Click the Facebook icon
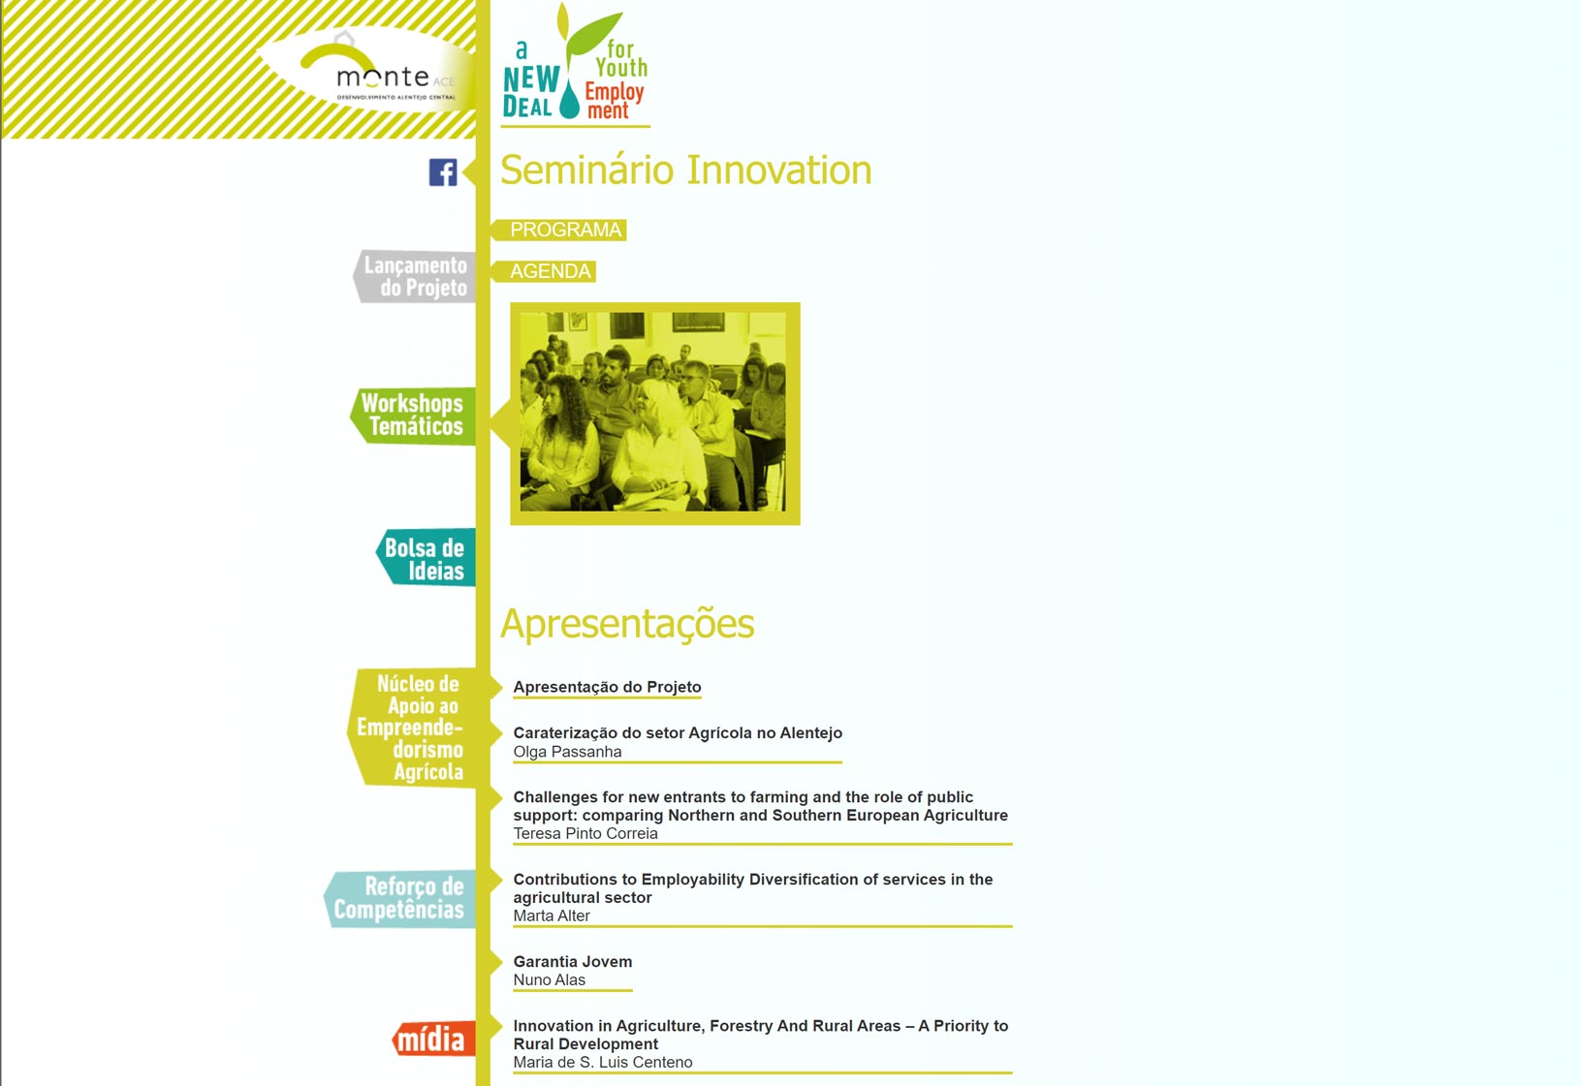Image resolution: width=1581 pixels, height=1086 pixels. point(443,172)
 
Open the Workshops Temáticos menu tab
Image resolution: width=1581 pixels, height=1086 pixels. point(413,416)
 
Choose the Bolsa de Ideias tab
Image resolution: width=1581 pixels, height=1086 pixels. point(426,558)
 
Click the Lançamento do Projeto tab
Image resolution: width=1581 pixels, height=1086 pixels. point(414,276)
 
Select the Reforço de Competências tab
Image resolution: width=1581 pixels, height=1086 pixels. point(400,898)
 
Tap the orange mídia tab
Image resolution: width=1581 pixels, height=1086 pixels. point(433,1039)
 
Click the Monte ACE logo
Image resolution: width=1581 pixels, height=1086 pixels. point(367,71)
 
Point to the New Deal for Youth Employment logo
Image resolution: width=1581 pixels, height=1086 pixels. point(575,65)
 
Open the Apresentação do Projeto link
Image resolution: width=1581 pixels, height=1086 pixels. point(607,687)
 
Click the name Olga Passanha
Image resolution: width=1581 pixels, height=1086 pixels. point(567,752)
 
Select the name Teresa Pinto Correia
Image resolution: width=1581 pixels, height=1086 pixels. point(585,833)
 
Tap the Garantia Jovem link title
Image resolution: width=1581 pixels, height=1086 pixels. point(573,962)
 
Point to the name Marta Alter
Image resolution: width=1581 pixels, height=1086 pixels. point(552,916)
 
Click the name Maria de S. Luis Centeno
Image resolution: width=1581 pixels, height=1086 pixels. point(603,1062)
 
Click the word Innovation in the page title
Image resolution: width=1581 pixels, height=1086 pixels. point(779,170)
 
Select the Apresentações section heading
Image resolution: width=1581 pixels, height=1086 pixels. point(627,623)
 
